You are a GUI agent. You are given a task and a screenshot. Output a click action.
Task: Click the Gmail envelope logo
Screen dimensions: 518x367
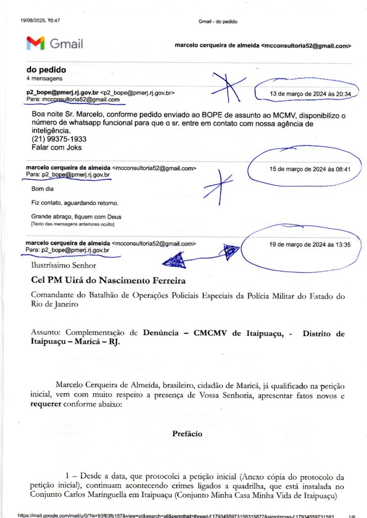[35, 44]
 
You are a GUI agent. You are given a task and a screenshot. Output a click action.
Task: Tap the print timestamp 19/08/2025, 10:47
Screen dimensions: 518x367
[40, 21]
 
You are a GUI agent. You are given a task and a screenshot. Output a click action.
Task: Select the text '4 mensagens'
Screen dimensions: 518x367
[44, 79]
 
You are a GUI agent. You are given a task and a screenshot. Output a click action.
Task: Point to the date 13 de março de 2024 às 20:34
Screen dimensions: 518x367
[307, 94]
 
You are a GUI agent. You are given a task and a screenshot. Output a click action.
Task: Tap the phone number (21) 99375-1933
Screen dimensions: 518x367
[52, 139]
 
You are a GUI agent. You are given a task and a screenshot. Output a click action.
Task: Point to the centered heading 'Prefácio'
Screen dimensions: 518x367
[187, 434]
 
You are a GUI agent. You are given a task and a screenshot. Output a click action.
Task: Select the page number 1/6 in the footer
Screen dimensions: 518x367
[351, 515]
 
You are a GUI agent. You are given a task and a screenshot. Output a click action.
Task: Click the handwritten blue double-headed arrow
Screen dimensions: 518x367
[200, 256]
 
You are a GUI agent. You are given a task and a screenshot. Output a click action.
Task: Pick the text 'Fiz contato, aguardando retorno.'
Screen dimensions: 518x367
[74, 203]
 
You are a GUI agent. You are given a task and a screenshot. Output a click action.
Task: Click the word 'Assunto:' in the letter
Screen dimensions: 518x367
[47, 334]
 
